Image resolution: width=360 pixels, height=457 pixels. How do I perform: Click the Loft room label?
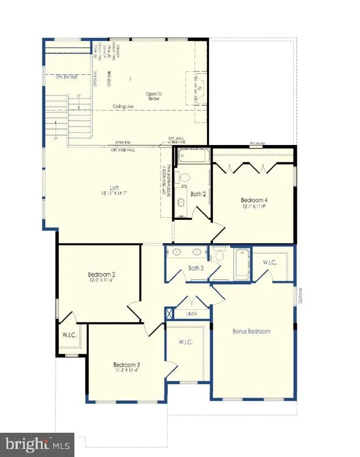tap(114, 188)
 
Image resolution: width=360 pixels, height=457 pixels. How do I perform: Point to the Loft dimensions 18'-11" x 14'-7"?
tap(114, 193)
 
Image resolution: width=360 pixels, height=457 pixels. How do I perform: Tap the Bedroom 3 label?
tap(127, 364)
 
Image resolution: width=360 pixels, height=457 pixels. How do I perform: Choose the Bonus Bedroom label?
tap(251, 331)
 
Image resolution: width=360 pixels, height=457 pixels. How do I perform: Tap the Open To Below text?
tap(154, 96)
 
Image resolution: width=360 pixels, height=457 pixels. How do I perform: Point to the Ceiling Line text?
tap(124, 107)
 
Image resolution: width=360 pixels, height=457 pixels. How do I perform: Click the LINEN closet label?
tap(191, 314)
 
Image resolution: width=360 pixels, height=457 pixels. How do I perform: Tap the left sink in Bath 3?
tap(177, 251)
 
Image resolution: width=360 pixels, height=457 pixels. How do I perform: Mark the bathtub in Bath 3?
tap(241, 263)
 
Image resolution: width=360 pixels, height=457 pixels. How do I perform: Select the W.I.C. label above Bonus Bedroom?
tap(270, 262)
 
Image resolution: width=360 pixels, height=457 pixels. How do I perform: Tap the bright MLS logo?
tap(38, 445)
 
